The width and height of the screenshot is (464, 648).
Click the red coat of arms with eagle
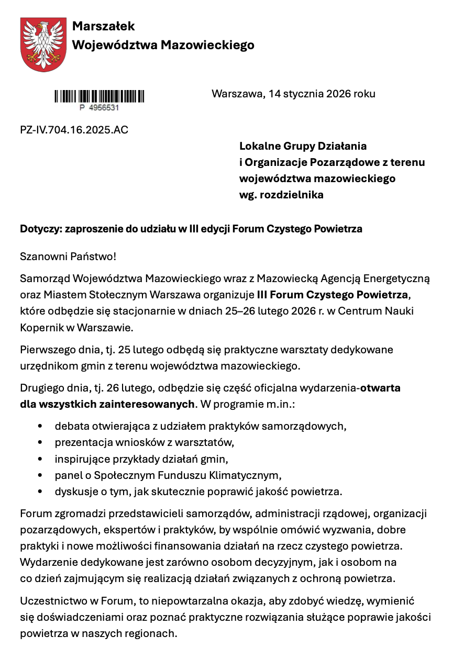[44, 44]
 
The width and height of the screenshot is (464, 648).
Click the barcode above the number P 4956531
[100, 96]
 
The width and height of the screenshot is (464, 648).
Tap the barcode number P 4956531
[100, 108]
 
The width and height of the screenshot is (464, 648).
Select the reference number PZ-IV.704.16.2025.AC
[74, 130]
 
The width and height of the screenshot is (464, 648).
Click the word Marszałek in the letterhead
[103, 26]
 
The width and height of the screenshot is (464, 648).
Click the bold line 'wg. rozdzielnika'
[281, 195]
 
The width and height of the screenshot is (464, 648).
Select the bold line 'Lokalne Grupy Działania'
[303, 146]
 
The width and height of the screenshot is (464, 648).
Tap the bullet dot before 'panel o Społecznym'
[40, 476]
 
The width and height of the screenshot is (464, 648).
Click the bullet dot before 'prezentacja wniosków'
[40, 443]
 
